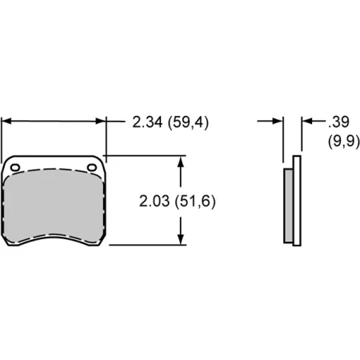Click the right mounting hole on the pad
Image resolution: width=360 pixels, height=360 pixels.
tap(91, 167)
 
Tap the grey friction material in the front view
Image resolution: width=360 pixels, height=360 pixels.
tap(54, 208)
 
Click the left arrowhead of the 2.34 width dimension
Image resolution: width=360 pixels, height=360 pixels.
tap(7, 122)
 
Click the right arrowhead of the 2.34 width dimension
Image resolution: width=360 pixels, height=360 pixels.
tap(101, 122)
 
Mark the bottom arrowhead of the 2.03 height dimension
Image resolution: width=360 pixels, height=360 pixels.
tap(183, 239)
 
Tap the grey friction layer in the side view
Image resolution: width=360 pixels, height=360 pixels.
tap(289, 204)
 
